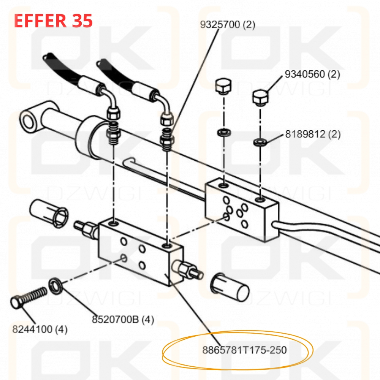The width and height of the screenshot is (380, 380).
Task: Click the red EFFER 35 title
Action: coord(53,21)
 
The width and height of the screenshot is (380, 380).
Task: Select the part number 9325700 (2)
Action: coord(228,25)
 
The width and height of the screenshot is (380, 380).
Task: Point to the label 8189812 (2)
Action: coord(313,134)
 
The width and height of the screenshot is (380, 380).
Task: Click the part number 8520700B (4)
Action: coord(123,320)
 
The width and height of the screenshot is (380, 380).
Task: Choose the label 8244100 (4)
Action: coord(40,329)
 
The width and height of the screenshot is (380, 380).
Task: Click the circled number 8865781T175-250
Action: coord(244,350)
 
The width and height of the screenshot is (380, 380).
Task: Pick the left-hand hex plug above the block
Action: coord(223,86)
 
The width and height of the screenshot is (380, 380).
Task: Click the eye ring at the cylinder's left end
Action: coord(29,121)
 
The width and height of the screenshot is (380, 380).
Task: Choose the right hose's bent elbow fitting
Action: coord(163,100)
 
